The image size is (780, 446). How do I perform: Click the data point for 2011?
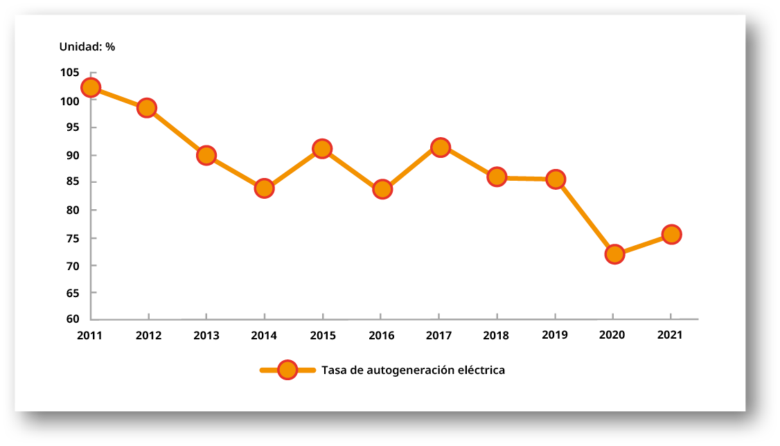(x=90, y=87)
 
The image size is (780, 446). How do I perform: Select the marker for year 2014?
(x=264, y=188)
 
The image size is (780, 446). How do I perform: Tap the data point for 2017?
(x=440, y=147)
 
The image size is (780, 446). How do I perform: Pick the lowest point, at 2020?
(x=614, y=254)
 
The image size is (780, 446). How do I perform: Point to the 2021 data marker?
(x=671, y=234)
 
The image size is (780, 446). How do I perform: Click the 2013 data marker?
(x=206, y=155)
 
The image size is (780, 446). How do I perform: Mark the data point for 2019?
(x=555, y=179)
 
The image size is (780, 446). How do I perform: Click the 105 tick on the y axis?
(x=69, y=73)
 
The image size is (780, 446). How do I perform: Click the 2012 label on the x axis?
(x=148, y=335)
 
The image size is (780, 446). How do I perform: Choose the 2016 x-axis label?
(x=381, y=335)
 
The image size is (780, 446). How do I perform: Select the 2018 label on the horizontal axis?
(x=497, y=335)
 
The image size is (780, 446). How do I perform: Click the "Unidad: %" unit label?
(x=87, y=46)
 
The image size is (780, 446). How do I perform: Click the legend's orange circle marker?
(x=287, y=371)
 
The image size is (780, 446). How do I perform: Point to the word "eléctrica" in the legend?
(x=481, y=370)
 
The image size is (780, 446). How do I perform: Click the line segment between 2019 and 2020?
(x=585, y=217)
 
